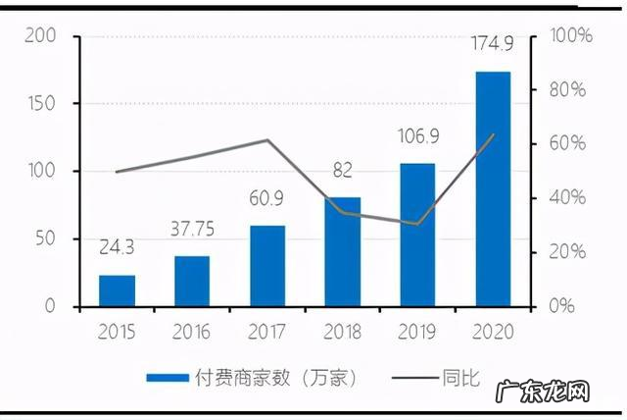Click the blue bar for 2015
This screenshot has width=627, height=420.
pos(117,290)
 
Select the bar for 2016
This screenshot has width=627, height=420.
pos(192,281)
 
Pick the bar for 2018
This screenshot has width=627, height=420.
pos(342,251)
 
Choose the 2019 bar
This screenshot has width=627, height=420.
pos(417,235)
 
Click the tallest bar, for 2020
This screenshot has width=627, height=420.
pos(493,188)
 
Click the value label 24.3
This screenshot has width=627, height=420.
pos(117,250)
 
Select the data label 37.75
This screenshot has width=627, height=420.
pos(192,231)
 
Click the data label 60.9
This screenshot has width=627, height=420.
pos(267,201)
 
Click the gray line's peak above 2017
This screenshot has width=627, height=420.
pos(267,140)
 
